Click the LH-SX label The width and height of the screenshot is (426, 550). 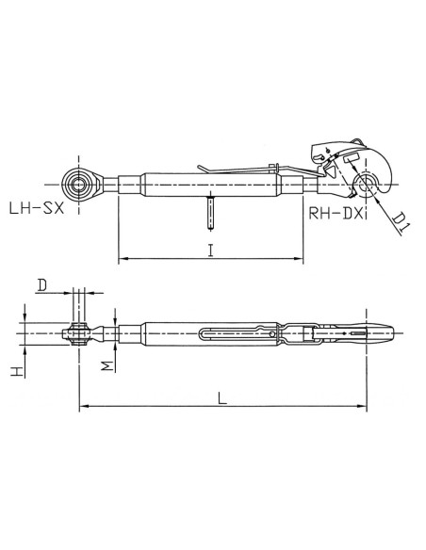tap(34, 207)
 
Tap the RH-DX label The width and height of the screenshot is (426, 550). tap(333, 214)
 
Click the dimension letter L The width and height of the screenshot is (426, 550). tap(220, 397)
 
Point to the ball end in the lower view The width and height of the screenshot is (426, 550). tap(79, 331)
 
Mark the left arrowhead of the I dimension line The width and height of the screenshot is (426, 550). tap(121, 257)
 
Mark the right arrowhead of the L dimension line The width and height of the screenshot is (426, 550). tap(362, 407)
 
